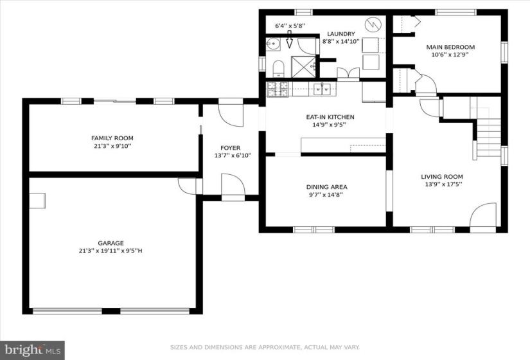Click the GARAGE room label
[111, 243]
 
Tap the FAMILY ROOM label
[112, 138]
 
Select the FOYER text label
[231, 148]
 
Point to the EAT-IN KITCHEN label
[330, 117]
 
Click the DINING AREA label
[327, 187]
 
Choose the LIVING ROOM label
[442, 177]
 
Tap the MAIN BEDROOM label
[450, 47]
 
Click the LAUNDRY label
[341, 34]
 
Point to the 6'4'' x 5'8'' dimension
[290, 25]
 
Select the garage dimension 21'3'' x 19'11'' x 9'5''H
[110, 251]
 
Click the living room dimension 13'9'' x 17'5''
[444, 184]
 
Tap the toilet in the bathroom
[279, 69]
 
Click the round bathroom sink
[273, 44]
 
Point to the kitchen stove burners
[278, 89]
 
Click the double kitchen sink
[322, 89]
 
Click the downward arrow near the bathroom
[289, 40]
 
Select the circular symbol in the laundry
[373, 24]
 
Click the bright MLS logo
[33, 350]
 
